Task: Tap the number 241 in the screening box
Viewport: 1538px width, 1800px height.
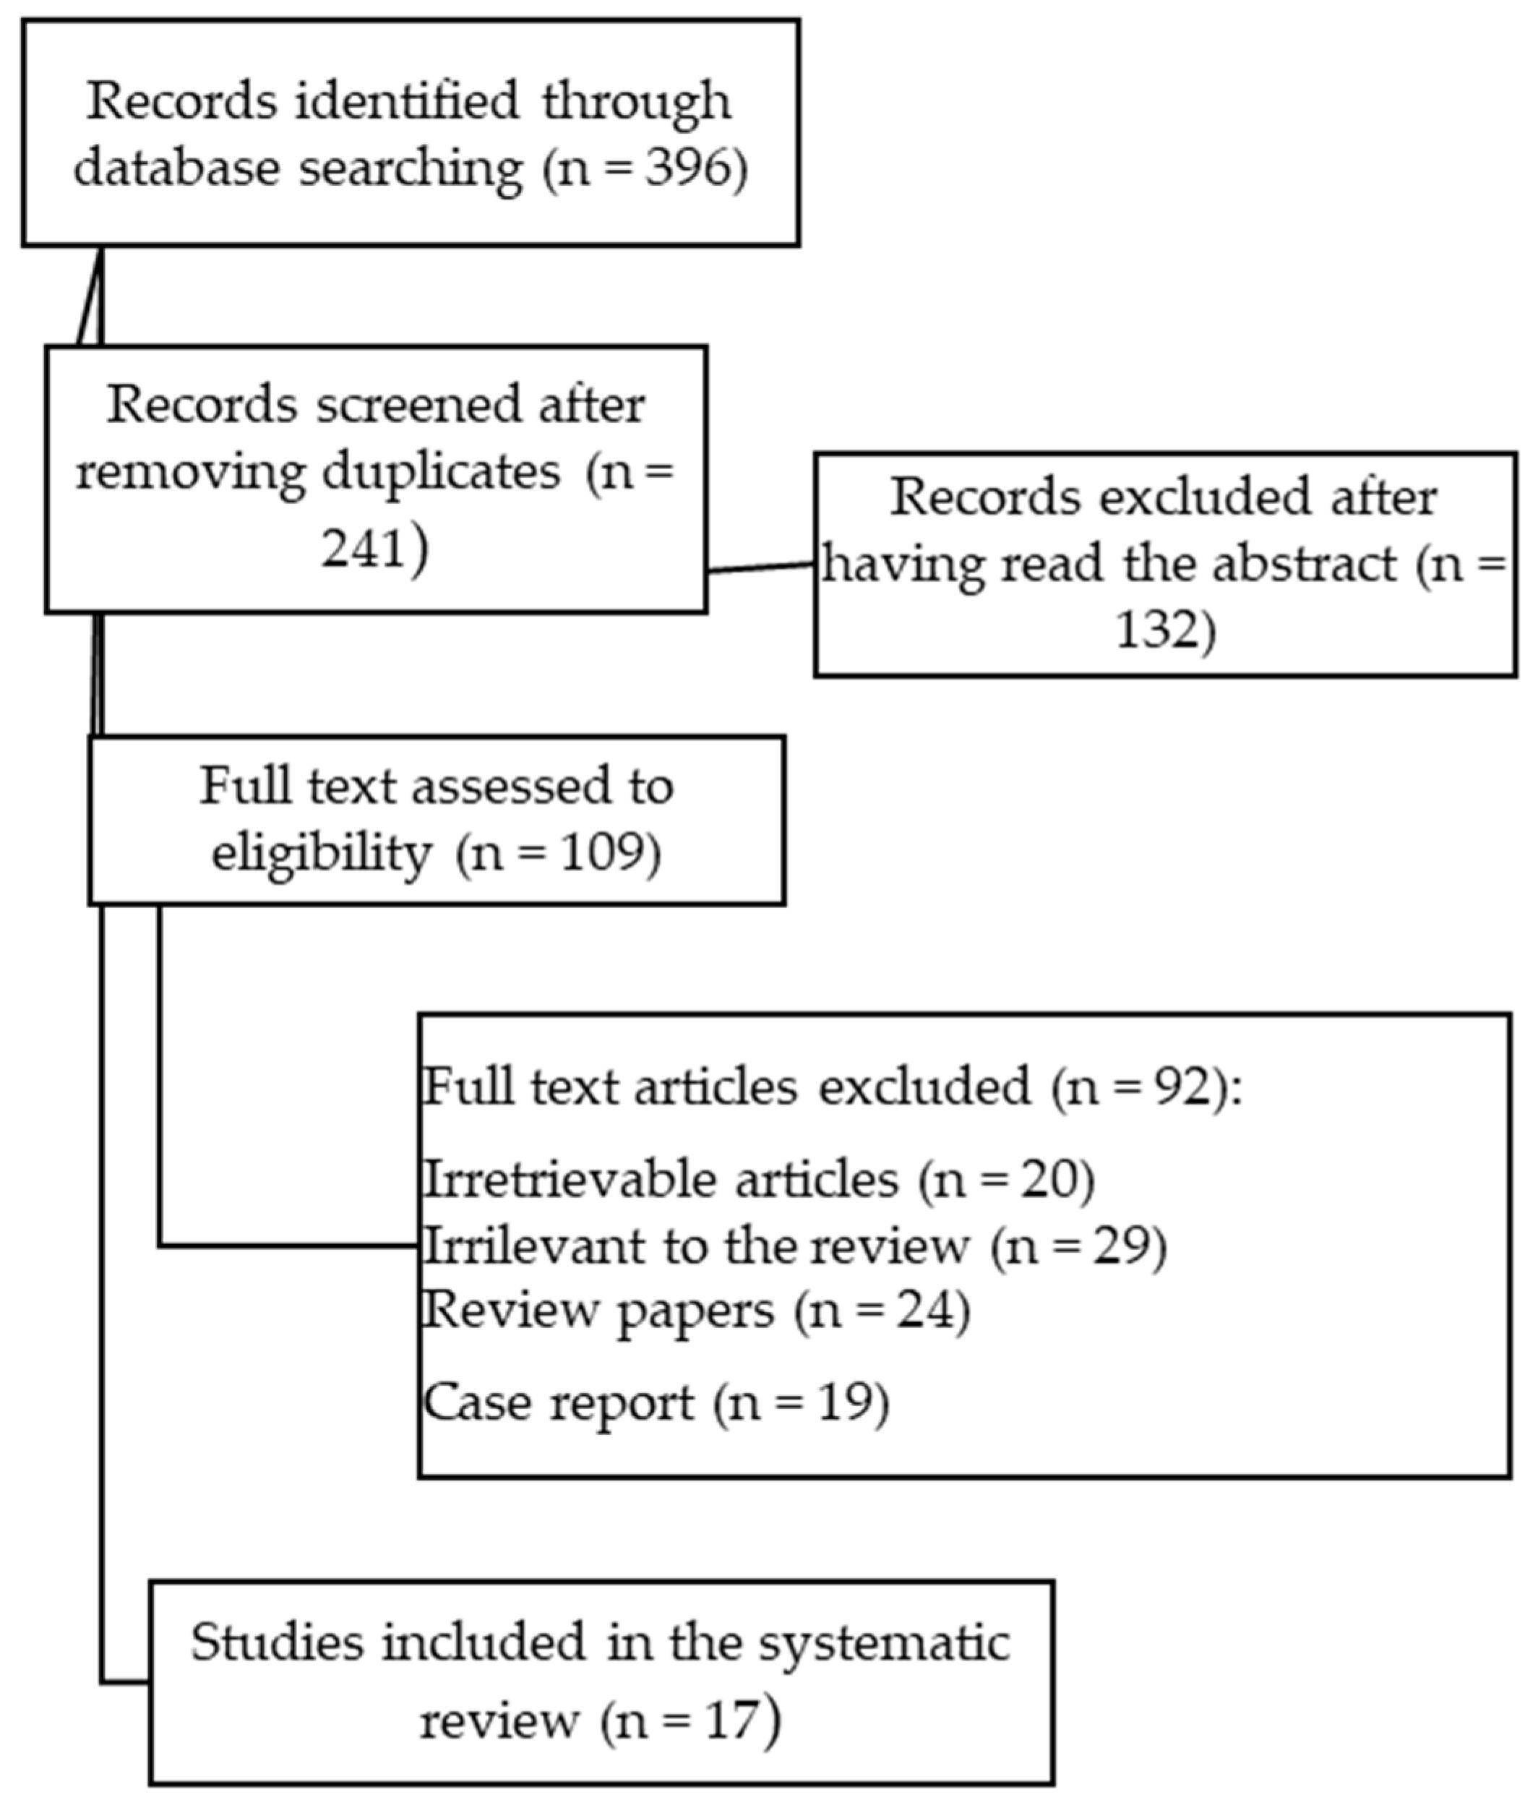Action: pyautogui.click(x=363, y=548)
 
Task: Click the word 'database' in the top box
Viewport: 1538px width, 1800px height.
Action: pyautogui.click(x=176, y=168)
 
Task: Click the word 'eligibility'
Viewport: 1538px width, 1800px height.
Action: pyautogui.click(x=322, y=853)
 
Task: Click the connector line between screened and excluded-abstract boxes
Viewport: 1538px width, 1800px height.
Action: pyautogui.click(x=761, y=567)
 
